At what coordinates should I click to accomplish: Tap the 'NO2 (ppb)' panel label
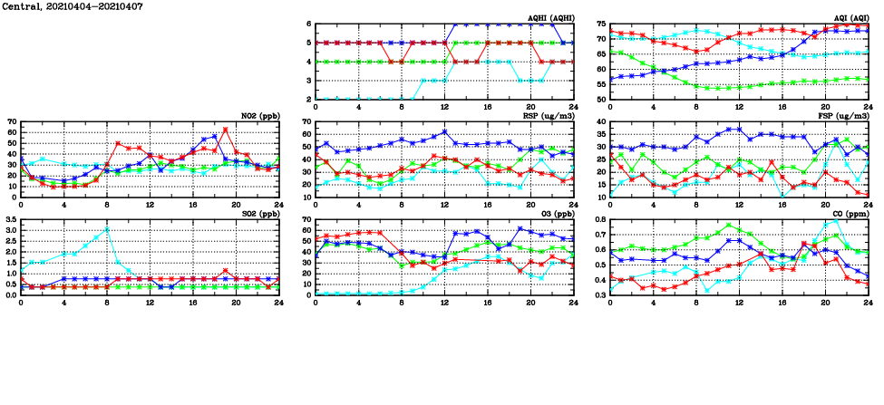click(261, 116)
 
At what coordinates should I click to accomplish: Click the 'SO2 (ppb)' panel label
click(261, 214)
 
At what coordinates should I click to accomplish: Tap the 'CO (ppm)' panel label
click(849, 214)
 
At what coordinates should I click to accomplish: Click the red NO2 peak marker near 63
click(225, 130)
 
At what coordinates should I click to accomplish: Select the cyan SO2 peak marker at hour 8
click(107, 229)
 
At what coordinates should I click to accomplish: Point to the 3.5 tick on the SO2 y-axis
click(10, 220)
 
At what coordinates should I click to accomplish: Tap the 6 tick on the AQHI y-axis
click(309, 24)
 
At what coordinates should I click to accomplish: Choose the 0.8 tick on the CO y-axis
click(598, 220)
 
